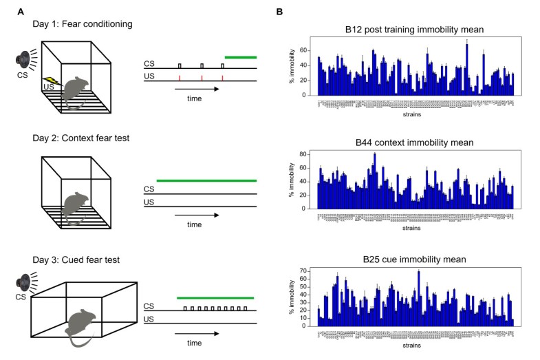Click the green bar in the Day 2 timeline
click(x=206, y=180)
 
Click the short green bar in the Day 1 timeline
click(x=240, y=57)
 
